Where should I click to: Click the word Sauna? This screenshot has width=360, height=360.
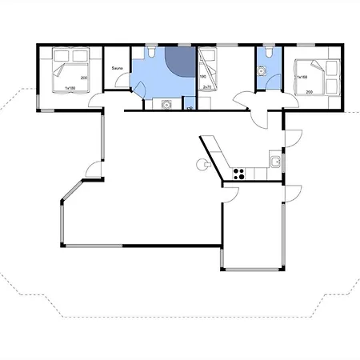(x=117, y=69)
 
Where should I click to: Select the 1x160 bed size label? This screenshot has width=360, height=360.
(x=302, y=78)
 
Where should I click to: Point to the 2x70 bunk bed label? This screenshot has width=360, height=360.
(x=206, y=86)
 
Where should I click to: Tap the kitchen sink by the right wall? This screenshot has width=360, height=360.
(x=274, y=162)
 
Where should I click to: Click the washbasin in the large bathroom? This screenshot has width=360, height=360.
(x=167, y=103)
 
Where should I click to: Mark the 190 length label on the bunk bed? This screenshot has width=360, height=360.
(x=203, y=77)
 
